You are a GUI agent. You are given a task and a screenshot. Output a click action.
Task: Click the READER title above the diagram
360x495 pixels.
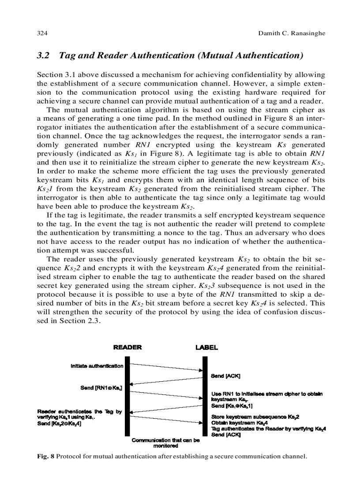[127, 347]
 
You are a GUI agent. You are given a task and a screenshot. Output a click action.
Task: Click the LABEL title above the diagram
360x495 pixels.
[206, 347]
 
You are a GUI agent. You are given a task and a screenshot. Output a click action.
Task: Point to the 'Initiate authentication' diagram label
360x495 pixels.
[97, 366]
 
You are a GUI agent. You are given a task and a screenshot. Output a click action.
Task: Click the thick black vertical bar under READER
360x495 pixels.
[127, 397]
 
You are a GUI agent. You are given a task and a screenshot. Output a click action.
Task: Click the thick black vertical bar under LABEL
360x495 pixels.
[205, 397]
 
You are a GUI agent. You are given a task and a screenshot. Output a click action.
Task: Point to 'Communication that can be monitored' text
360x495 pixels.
[165, 443]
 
